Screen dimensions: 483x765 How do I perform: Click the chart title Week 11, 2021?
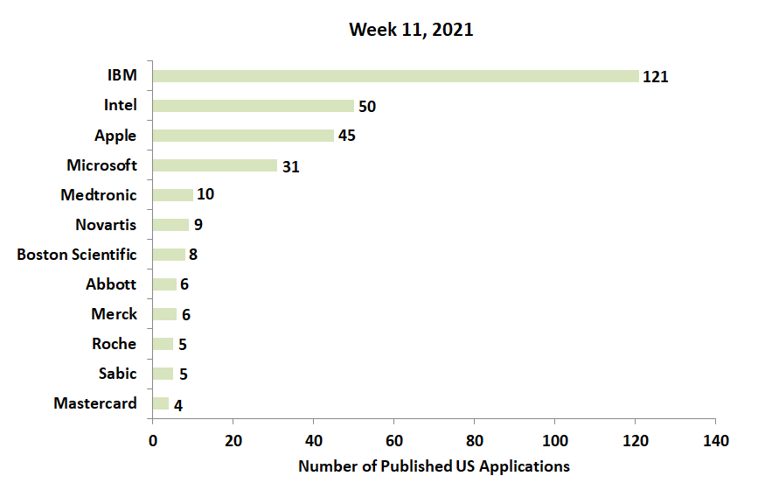411,30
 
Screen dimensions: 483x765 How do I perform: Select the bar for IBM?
395,76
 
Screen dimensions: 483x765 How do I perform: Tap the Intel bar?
253,106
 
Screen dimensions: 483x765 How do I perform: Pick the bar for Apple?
243,136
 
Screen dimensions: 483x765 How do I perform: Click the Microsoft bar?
214,165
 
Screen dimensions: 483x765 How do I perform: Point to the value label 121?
655,77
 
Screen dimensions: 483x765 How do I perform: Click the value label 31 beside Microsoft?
291,166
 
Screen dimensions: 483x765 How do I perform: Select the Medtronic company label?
99,195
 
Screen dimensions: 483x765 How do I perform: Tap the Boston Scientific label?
77,255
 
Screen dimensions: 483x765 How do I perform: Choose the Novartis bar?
170,225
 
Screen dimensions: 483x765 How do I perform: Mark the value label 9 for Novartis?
198,226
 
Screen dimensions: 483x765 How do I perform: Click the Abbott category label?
111,284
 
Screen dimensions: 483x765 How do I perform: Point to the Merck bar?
164,314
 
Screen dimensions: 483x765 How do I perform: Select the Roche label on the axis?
115,344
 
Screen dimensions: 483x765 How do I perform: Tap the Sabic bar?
163,374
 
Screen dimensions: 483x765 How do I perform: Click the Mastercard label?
95,403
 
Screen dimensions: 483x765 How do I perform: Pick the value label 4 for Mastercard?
178,404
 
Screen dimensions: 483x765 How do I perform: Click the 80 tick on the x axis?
475,439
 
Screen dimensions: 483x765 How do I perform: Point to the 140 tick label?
715,439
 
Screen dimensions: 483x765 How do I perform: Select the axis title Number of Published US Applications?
434,466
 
